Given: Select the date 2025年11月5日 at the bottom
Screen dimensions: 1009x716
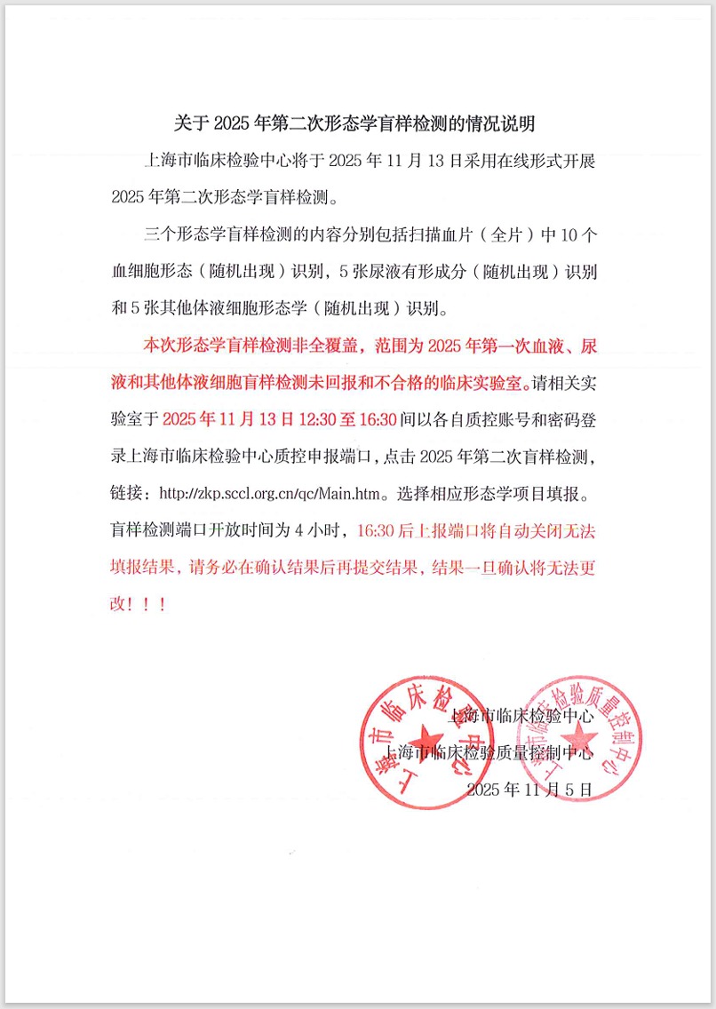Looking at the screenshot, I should tap(529, 789).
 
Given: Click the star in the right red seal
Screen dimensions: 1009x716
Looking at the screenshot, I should tap(577, 734).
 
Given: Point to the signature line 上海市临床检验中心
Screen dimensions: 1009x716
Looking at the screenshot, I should tap(521, 714).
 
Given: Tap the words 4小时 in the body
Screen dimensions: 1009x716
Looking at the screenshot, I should tap(324, 531).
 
